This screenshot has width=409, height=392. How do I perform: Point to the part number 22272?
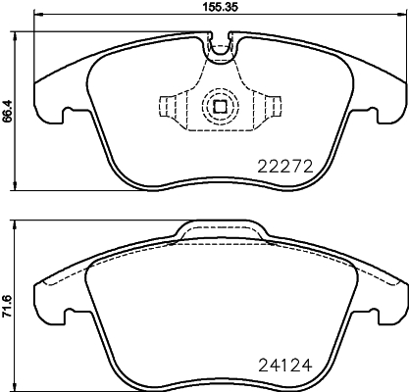(x=283, y=166)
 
